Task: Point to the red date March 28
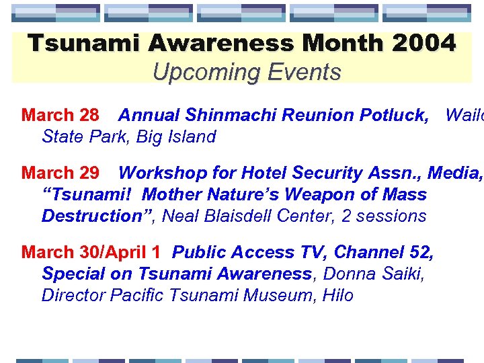tap(61, 115)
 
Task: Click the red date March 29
tap(61, 173)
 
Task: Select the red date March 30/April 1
tap(91, 252)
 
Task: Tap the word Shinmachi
tap(235, 115)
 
